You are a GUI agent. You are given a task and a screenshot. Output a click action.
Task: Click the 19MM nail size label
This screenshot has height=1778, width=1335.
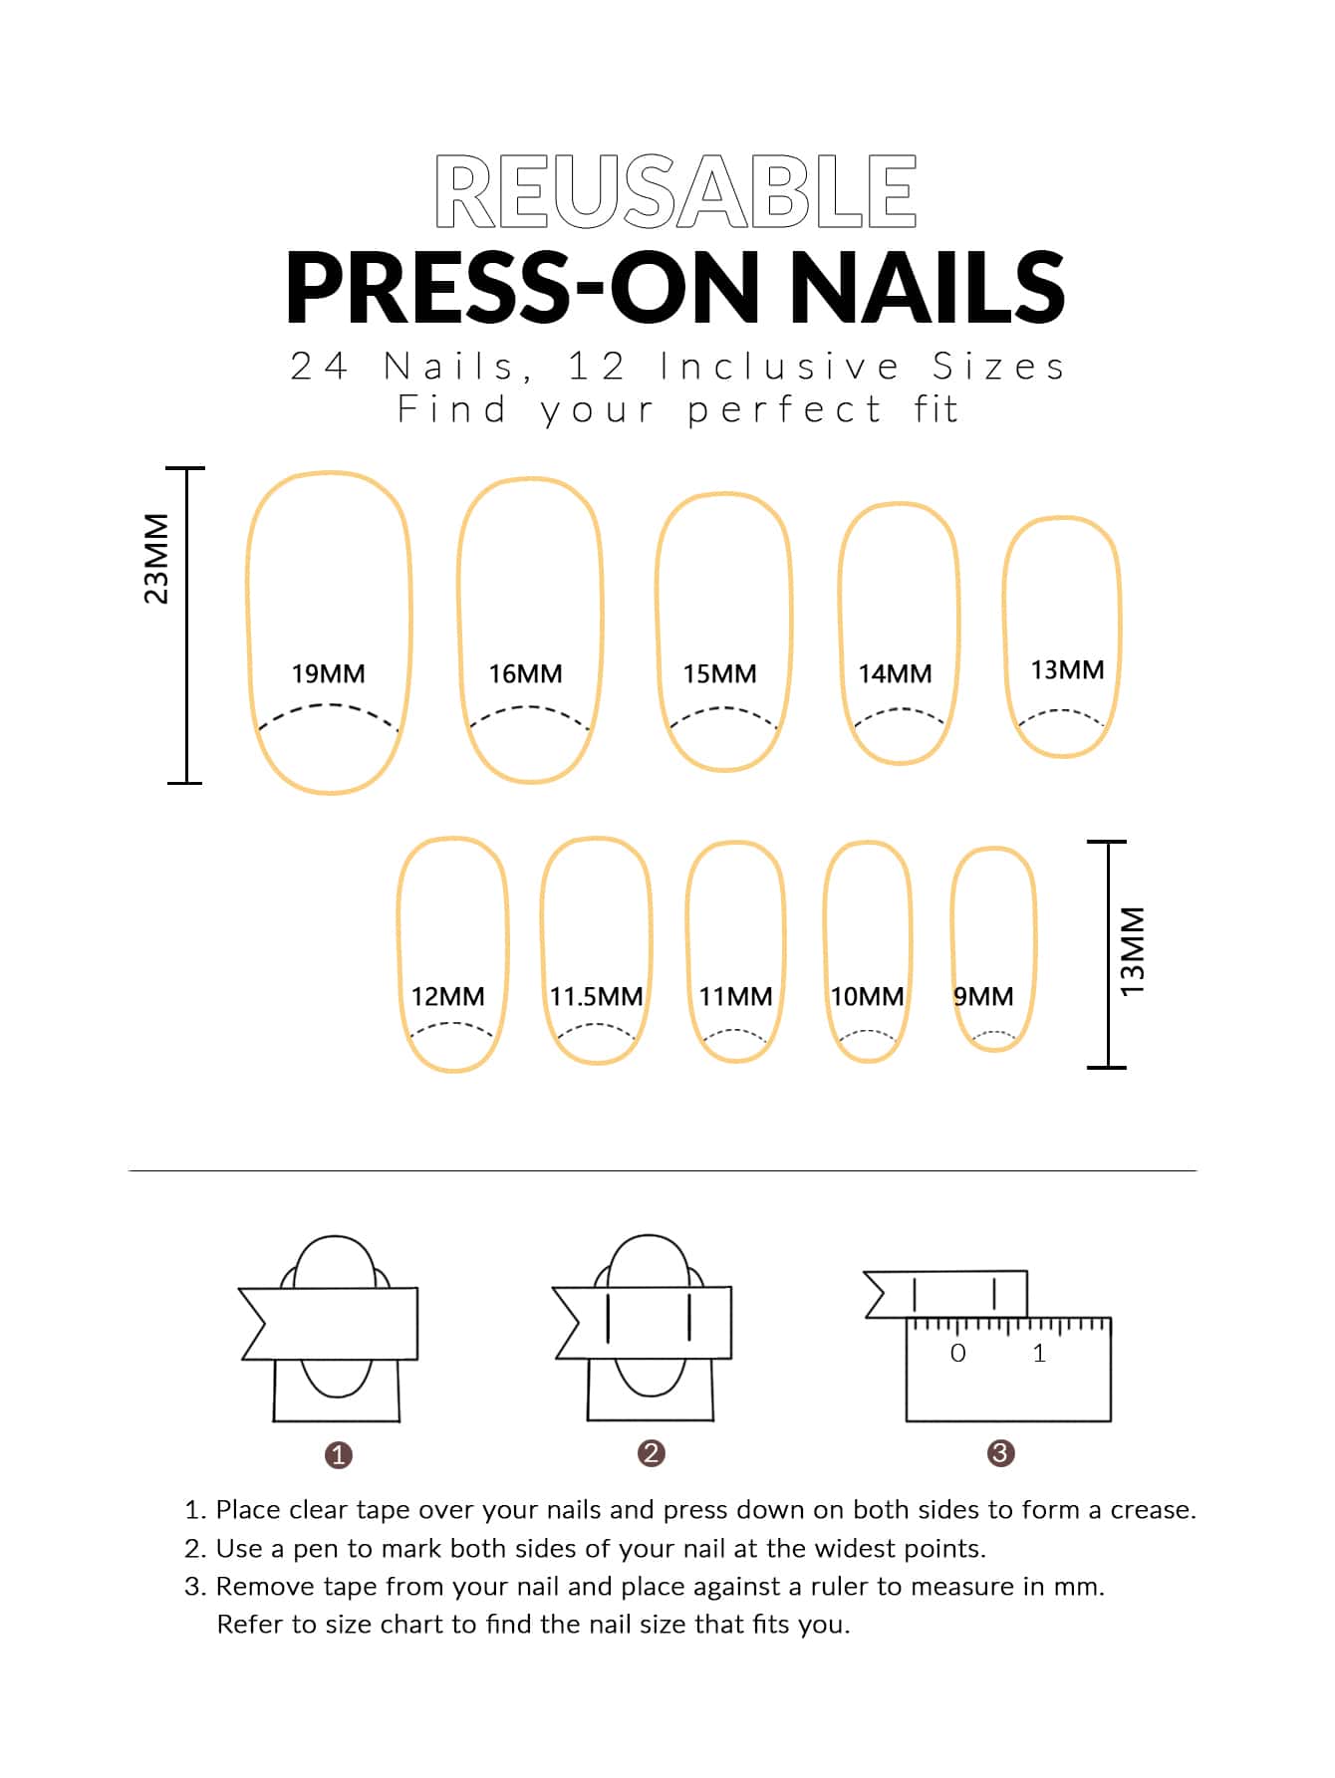pos(328,673)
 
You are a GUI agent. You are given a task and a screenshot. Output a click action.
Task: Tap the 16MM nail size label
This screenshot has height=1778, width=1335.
pos(525,673)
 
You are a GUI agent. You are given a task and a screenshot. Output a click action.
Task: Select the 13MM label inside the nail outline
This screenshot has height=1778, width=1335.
pos(1067,669)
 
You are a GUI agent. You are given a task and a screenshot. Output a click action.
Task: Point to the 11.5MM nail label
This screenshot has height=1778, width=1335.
pos(596,996)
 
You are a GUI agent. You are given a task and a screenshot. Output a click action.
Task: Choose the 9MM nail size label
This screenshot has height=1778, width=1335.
pos(983,996)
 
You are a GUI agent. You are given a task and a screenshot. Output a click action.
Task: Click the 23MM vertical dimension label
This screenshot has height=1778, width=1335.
pos(156,559)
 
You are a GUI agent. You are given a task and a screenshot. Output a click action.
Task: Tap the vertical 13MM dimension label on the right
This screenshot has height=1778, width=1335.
pos(1133,951)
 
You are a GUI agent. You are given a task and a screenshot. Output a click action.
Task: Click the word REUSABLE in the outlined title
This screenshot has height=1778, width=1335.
pos(675,191)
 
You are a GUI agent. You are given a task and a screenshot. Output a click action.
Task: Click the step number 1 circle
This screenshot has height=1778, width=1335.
pos(339,1455)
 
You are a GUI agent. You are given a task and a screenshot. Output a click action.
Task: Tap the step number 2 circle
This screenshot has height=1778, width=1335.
pos(651,1453)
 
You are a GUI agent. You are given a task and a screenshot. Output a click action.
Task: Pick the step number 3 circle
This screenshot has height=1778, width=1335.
pos(1000,1453)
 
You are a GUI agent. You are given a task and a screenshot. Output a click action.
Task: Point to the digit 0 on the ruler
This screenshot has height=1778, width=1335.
pos(957,1353)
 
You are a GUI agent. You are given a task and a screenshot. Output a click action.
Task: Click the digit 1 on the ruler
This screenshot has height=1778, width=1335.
pos(1039,1353)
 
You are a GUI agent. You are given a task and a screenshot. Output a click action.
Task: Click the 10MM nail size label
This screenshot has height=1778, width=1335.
pos(868,996)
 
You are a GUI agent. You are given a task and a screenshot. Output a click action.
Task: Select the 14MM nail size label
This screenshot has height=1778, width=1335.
pos(895,673)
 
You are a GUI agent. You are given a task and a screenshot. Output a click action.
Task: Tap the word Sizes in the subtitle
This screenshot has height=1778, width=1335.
pos(998,367)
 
